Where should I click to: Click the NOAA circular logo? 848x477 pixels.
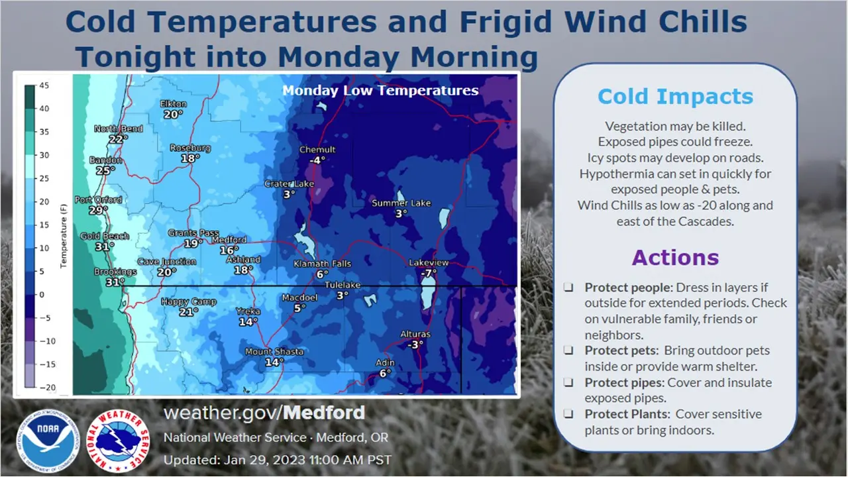(x=48, y=441)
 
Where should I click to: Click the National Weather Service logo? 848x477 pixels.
(x=118, y=441)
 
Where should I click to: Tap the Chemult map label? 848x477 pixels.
(x=317, y=150)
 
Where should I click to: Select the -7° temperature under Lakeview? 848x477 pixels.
(x=429, y=272)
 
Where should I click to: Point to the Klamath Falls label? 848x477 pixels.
(x=323, y=264)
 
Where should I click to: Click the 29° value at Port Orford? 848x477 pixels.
(x=98, y=210)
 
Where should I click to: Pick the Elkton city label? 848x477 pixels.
(x=174, y=104)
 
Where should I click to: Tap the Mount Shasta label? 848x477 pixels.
(x=274, y=352)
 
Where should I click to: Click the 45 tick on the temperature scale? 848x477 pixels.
(x=44, y=85)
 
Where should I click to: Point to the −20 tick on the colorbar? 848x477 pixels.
(x=48, y=388)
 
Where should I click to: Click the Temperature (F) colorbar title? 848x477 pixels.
(x=63, y=236)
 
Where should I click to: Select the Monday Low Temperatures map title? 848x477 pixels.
(x=380, y=91)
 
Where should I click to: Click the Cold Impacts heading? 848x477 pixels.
(x=675, y=96)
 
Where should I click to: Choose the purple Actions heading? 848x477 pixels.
(x=675, y=258)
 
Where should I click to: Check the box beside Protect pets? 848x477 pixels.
(x=568, y=350)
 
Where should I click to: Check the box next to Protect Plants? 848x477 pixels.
(x=568, y=414)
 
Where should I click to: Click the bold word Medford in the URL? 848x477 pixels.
(x=324, y=413)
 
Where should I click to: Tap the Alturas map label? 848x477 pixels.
(x=415, y=335)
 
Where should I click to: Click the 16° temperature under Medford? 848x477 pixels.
(x=229, y=250)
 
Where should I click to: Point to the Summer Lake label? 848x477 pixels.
(x=401, y=203)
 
